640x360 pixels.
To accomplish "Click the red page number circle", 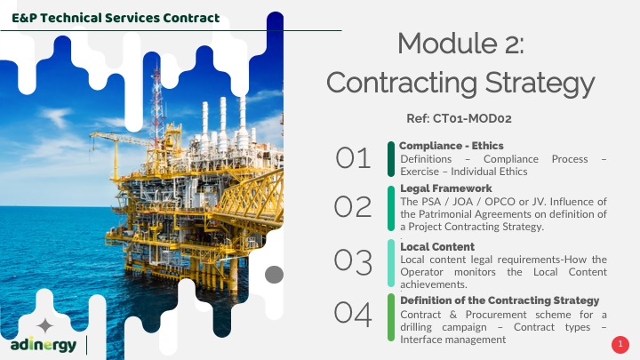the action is tap(620, 345).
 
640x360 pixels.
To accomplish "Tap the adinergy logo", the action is tap(44, 345).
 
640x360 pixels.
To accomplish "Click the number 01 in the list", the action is tap(353, 158).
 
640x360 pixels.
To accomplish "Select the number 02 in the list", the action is tap(353, 206).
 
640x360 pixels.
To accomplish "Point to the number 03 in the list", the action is tap(353, 261).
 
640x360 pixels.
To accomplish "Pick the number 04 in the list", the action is tap(353, 314).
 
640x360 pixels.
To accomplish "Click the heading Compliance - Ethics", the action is tap(451, 146).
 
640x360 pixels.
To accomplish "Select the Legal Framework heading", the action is tap(446, 188).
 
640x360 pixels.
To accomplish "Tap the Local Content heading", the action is tap(437, 246).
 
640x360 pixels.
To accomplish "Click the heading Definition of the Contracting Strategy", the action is tap(500, 300).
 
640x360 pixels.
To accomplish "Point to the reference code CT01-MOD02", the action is tap(472, 118).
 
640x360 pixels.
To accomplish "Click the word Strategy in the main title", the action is tap(540, 84).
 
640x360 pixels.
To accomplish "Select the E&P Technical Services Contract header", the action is tap(116, 18).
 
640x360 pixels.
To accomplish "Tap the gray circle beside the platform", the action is tap(275, 275).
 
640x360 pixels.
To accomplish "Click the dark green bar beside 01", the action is tap(391, 159).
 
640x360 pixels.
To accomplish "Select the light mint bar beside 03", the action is tap(391, 263).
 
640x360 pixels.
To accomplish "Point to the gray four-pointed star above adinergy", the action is tap(45, 325).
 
